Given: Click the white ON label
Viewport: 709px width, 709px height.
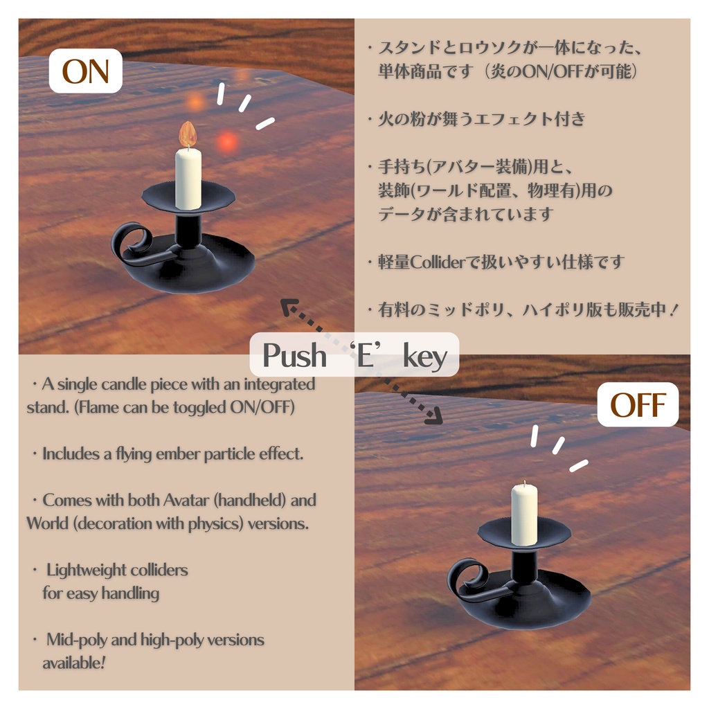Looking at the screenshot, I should (85, 73).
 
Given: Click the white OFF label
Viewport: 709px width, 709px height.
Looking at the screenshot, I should (638, 405).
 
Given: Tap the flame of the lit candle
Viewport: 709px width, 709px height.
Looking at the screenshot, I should (187, 134).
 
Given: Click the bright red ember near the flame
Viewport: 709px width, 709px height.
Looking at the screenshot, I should (226, 142).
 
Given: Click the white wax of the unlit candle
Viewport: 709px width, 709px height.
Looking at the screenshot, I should (524, 514).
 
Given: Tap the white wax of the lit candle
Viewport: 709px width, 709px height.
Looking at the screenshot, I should (188, 178).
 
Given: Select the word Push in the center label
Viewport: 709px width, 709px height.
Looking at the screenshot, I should (294, 356).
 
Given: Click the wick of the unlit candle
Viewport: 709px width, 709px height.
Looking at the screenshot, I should (524, 483).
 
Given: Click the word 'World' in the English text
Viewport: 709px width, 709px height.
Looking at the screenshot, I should (47, 523).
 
